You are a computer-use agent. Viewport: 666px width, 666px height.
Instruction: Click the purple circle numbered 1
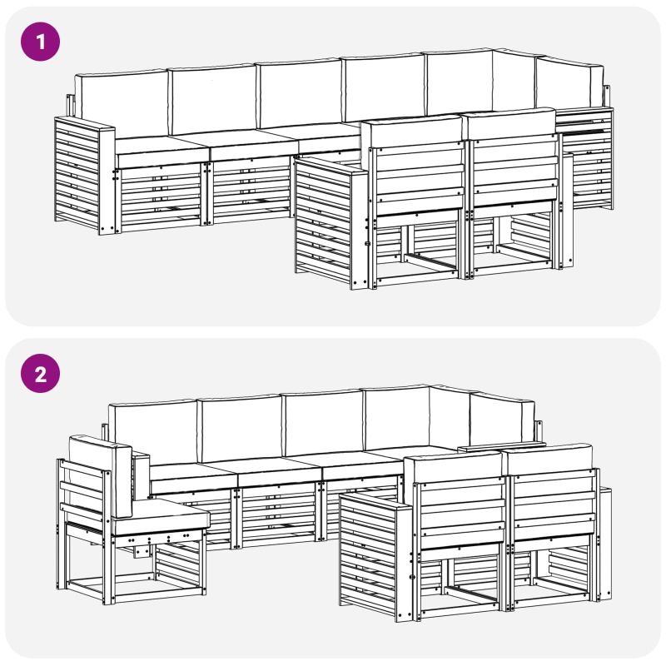40,42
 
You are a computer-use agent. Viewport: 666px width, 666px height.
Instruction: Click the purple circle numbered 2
40,373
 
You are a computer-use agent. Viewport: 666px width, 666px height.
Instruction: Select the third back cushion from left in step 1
301,93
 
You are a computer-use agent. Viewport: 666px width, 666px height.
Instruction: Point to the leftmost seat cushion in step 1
162,151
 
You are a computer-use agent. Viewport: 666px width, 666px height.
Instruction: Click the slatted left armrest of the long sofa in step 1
85,175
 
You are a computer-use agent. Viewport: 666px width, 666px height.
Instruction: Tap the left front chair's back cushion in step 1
411,132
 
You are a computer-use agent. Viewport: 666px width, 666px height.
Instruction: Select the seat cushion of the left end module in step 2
161,516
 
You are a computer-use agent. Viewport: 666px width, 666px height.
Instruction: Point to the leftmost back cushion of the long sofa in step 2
153,432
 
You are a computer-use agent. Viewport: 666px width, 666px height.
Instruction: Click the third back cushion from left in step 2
324,424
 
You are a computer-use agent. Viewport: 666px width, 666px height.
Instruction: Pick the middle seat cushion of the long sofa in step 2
278,470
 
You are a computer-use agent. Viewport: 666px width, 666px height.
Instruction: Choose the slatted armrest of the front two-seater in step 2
375,556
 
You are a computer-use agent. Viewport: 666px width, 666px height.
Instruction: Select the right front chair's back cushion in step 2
548,458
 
